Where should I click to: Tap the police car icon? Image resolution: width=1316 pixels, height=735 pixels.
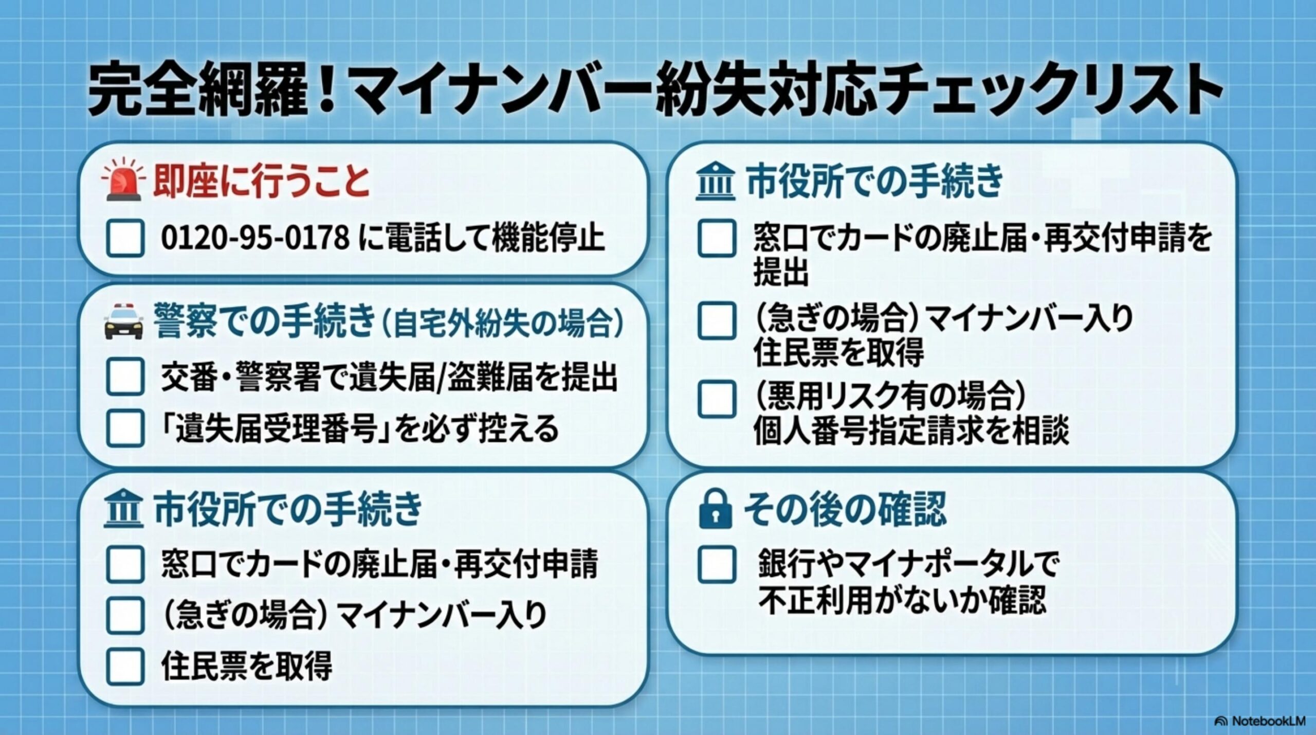coord(124,322)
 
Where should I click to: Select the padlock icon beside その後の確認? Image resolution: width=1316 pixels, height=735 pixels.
coord(715,509)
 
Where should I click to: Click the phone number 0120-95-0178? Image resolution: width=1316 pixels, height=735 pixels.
coord(255,238)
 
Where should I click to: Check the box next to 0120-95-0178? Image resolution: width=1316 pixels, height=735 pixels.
coord(125,238)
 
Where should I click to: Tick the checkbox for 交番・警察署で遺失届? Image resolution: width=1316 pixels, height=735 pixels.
coord(125,377)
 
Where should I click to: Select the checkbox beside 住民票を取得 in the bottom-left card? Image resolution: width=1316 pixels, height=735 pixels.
coord(125,666)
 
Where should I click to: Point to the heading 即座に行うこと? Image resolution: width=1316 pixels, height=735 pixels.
coord(261,182)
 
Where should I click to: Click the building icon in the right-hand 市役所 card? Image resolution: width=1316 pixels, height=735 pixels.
coord(715,183)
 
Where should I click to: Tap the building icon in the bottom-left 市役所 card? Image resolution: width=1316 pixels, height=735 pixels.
coord(123,510)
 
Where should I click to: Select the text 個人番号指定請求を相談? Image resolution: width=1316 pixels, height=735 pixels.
coord(911,430)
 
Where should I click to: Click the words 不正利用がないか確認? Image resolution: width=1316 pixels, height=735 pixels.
coord(902,599)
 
